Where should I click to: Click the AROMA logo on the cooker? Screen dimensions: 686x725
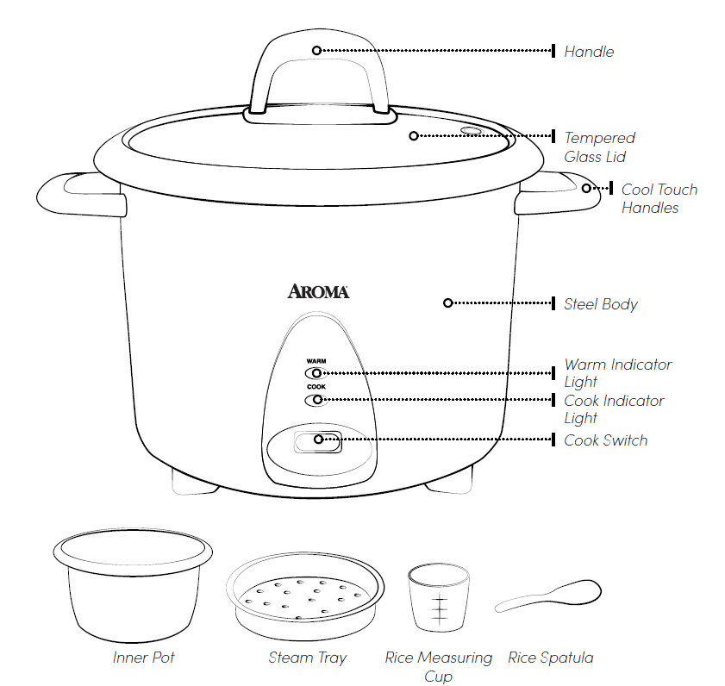(318, 292)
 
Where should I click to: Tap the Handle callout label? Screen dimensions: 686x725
(589, 52)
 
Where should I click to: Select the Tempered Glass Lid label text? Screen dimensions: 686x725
(599, 147)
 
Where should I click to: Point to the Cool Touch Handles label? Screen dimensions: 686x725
(659, 198)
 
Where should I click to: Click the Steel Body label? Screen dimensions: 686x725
(600, 304)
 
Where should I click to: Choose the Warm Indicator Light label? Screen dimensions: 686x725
(617, 373)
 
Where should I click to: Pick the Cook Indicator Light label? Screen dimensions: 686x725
(614, 409)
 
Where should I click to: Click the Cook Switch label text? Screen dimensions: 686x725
(605, 440)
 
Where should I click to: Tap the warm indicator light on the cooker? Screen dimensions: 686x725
(316, 373)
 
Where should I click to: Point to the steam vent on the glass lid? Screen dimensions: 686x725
(471, 131)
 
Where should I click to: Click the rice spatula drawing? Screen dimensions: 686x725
(552, 596)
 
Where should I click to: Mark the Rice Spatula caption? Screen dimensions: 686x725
(550, 658)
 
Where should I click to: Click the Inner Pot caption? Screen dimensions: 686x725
(143, 658)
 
